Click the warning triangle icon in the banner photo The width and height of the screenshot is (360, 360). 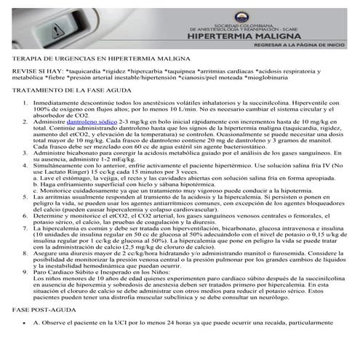click(57, 28)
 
